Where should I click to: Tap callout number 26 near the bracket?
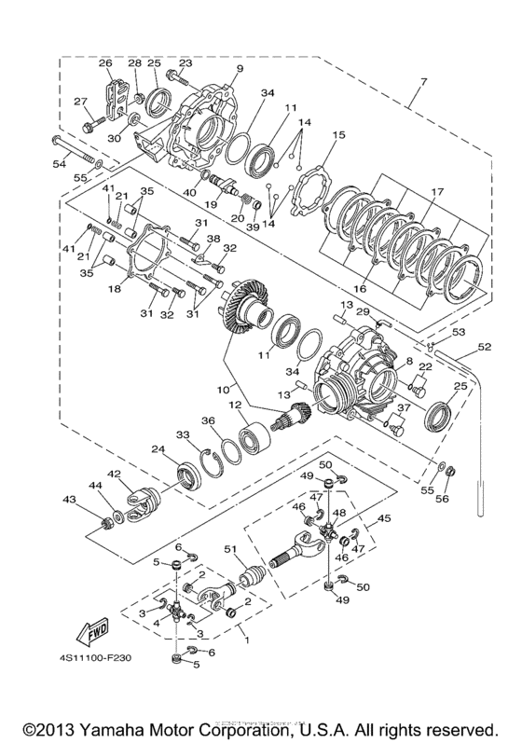(105, 63)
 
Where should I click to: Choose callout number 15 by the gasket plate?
(338, 134)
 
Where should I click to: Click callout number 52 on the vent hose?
(483, 347)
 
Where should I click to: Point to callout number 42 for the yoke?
(114, 474)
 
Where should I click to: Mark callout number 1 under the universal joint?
(246, 641)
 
